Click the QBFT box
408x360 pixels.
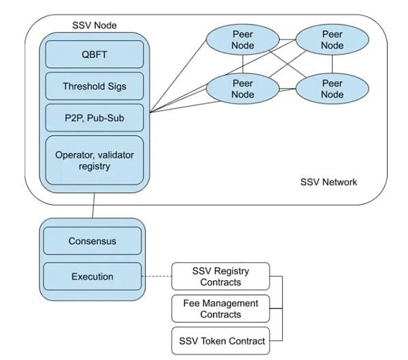[x=95, y=54]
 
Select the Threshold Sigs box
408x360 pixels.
[x=95, y=86]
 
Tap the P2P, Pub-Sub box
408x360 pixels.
[x=95, y=118]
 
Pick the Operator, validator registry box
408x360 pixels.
[x=95, y=160]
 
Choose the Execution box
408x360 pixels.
[x=92, y=276]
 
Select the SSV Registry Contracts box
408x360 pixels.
[x=221, y=276]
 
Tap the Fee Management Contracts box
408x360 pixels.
[x=221, y=308]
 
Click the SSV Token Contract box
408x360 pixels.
[x=221, y=340]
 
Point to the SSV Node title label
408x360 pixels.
[x=94, y=25]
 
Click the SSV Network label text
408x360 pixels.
[x=328, y=182]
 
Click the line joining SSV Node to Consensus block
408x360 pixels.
[x=93, y=205]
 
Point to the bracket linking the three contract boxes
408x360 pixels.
[x=281, y=308]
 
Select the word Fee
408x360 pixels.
[x=192, y=303]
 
